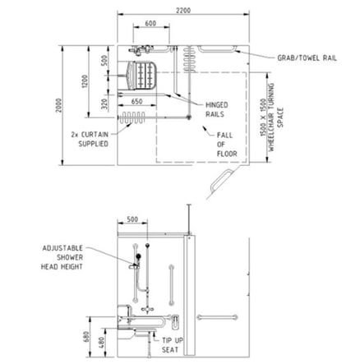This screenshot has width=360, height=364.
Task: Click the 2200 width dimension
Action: coord(183,11)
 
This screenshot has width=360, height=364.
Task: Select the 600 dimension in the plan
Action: coord(150,23)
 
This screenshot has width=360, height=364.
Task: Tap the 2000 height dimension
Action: coord(58,105)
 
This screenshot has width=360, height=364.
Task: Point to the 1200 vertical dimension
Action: coord(85,81)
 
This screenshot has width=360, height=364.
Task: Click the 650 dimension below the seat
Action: coord(136,102)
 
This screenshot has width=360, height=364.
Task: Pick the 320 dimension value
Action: coord(104,104)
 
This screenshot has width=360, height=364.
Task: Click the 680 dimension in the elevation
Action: coord(86,337)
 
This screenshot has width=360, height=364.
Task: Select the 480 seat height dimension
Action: coord(100,343)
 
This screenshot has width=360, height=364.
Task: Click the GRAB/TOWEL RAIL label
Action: coord(307,58)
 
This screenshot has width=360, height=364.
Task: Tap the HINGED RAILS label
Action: coord(216,109)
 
